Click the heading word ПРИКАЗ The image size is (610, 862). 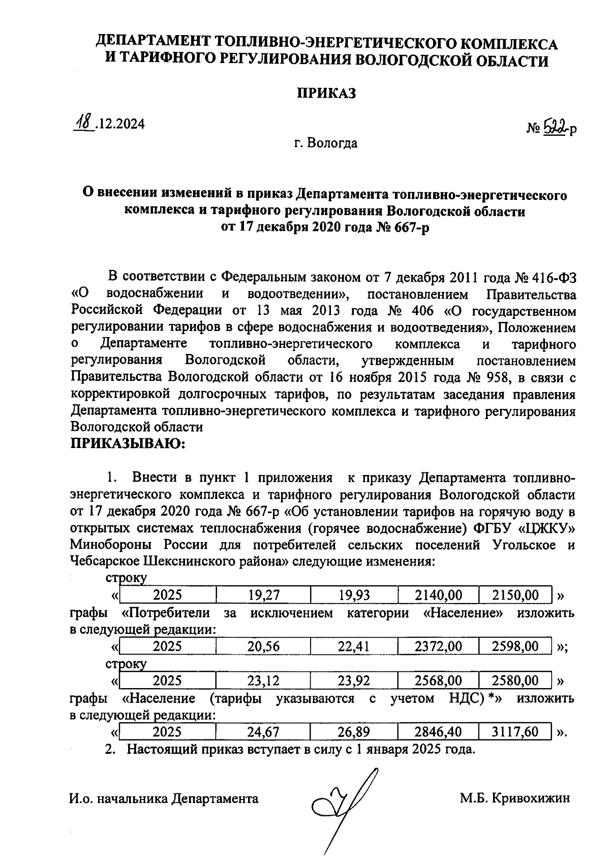click(x=326, y=93)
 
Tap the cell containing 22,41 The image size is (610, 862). click(x=354, y=646)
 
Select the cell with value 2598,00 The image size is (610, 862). click(x=515, y=646)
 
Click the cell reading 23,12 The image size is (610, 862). click(x=263, y=680)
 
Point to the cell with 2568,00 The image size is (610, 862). click(x=438, y=680)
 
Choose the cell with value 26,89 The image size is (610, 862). click(x=354, y=732)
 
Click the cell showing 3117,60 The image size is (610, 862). click(x=515, y=732)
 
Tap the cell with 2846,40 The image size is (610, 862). click(x=438, y=732)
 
